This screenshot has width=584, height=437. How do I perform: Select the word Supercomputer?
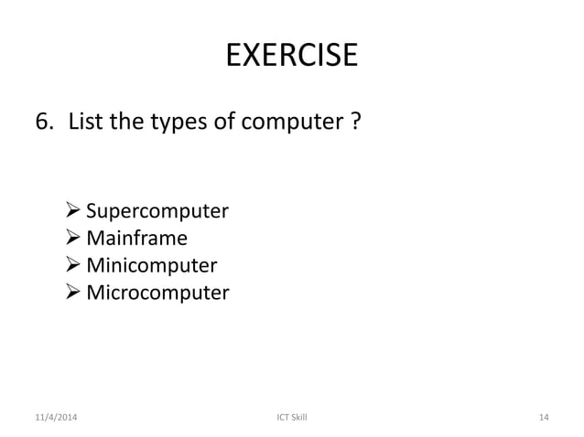tap(157, 213)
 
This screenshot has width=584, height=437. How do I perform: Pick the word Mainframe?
tap(136, 240)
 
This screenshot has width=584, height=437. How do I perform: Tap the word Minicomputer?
tap(151, 266)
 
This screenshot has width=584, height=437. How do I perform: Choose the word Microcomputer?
tap(157, 293)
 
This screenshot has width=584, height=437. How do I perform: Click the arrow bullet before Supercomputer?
tap(75, 212)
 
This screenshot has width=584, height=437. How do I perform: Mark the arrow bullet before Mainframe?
tap(75, 240)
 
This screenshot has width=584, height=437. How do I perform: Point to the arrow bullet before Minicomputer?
tap(75, 266)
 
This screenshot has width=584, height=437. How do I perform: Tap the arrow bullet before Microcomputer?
tap(75, 293)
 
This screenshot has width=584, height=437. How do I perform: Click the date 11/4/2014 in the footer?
tap(56, 418)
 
